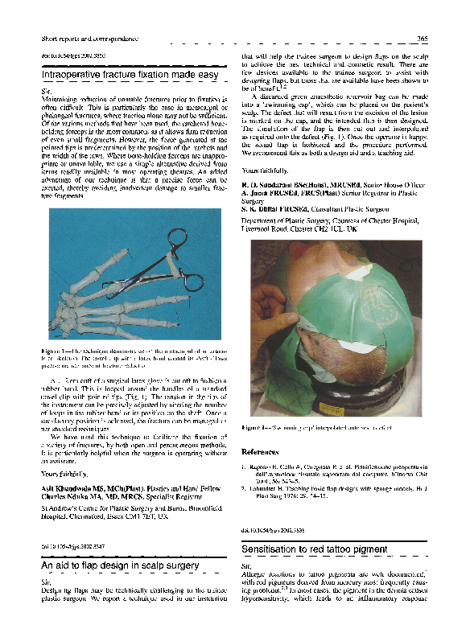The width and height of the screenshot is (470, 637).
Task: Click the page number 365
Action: point(422,39)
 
